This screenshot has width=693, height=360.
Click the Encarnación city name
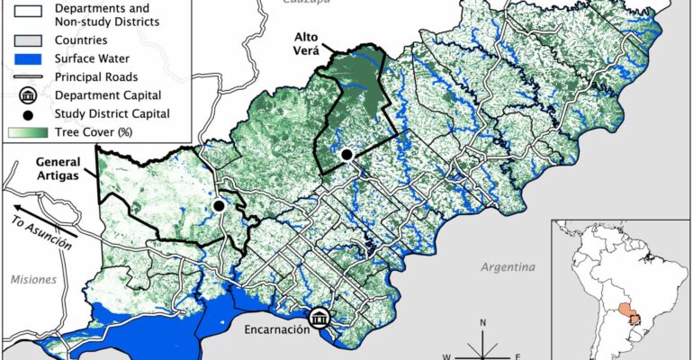click(x=276, y=329)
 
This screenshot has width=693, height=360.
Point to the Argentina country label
click(x=508, y=267)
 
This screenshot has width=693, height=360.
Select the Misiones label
click(x=33, y=280)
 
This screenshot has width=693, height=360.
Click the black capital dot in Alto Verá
click(x=346, y=156)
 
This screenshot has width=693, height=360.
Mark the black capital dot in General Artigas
click(x=218, y=206)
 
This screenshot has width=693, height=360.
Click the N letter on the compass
click(x=483, y=322)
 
